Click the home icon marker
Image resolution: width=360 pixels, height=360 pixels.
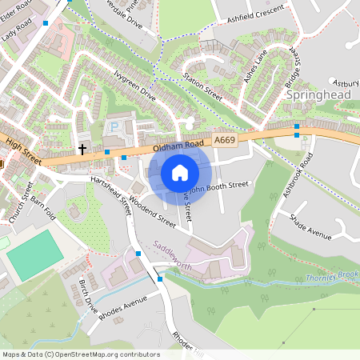pyautogui.click(x=180, y=173)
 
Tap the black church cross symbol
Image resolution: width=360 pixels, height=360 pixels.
pyautogui.click(x=82, y=149)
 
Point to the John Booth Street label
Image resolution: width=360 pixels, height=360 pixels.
pyautogui.click(x=221, y=186)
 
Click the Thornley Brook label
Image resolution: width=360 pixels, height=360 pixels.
pyautogui.click(x=330, y=277)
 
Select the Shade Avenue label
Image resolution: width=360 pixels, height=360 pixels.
pyautogui.click(x=310, y=226)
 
